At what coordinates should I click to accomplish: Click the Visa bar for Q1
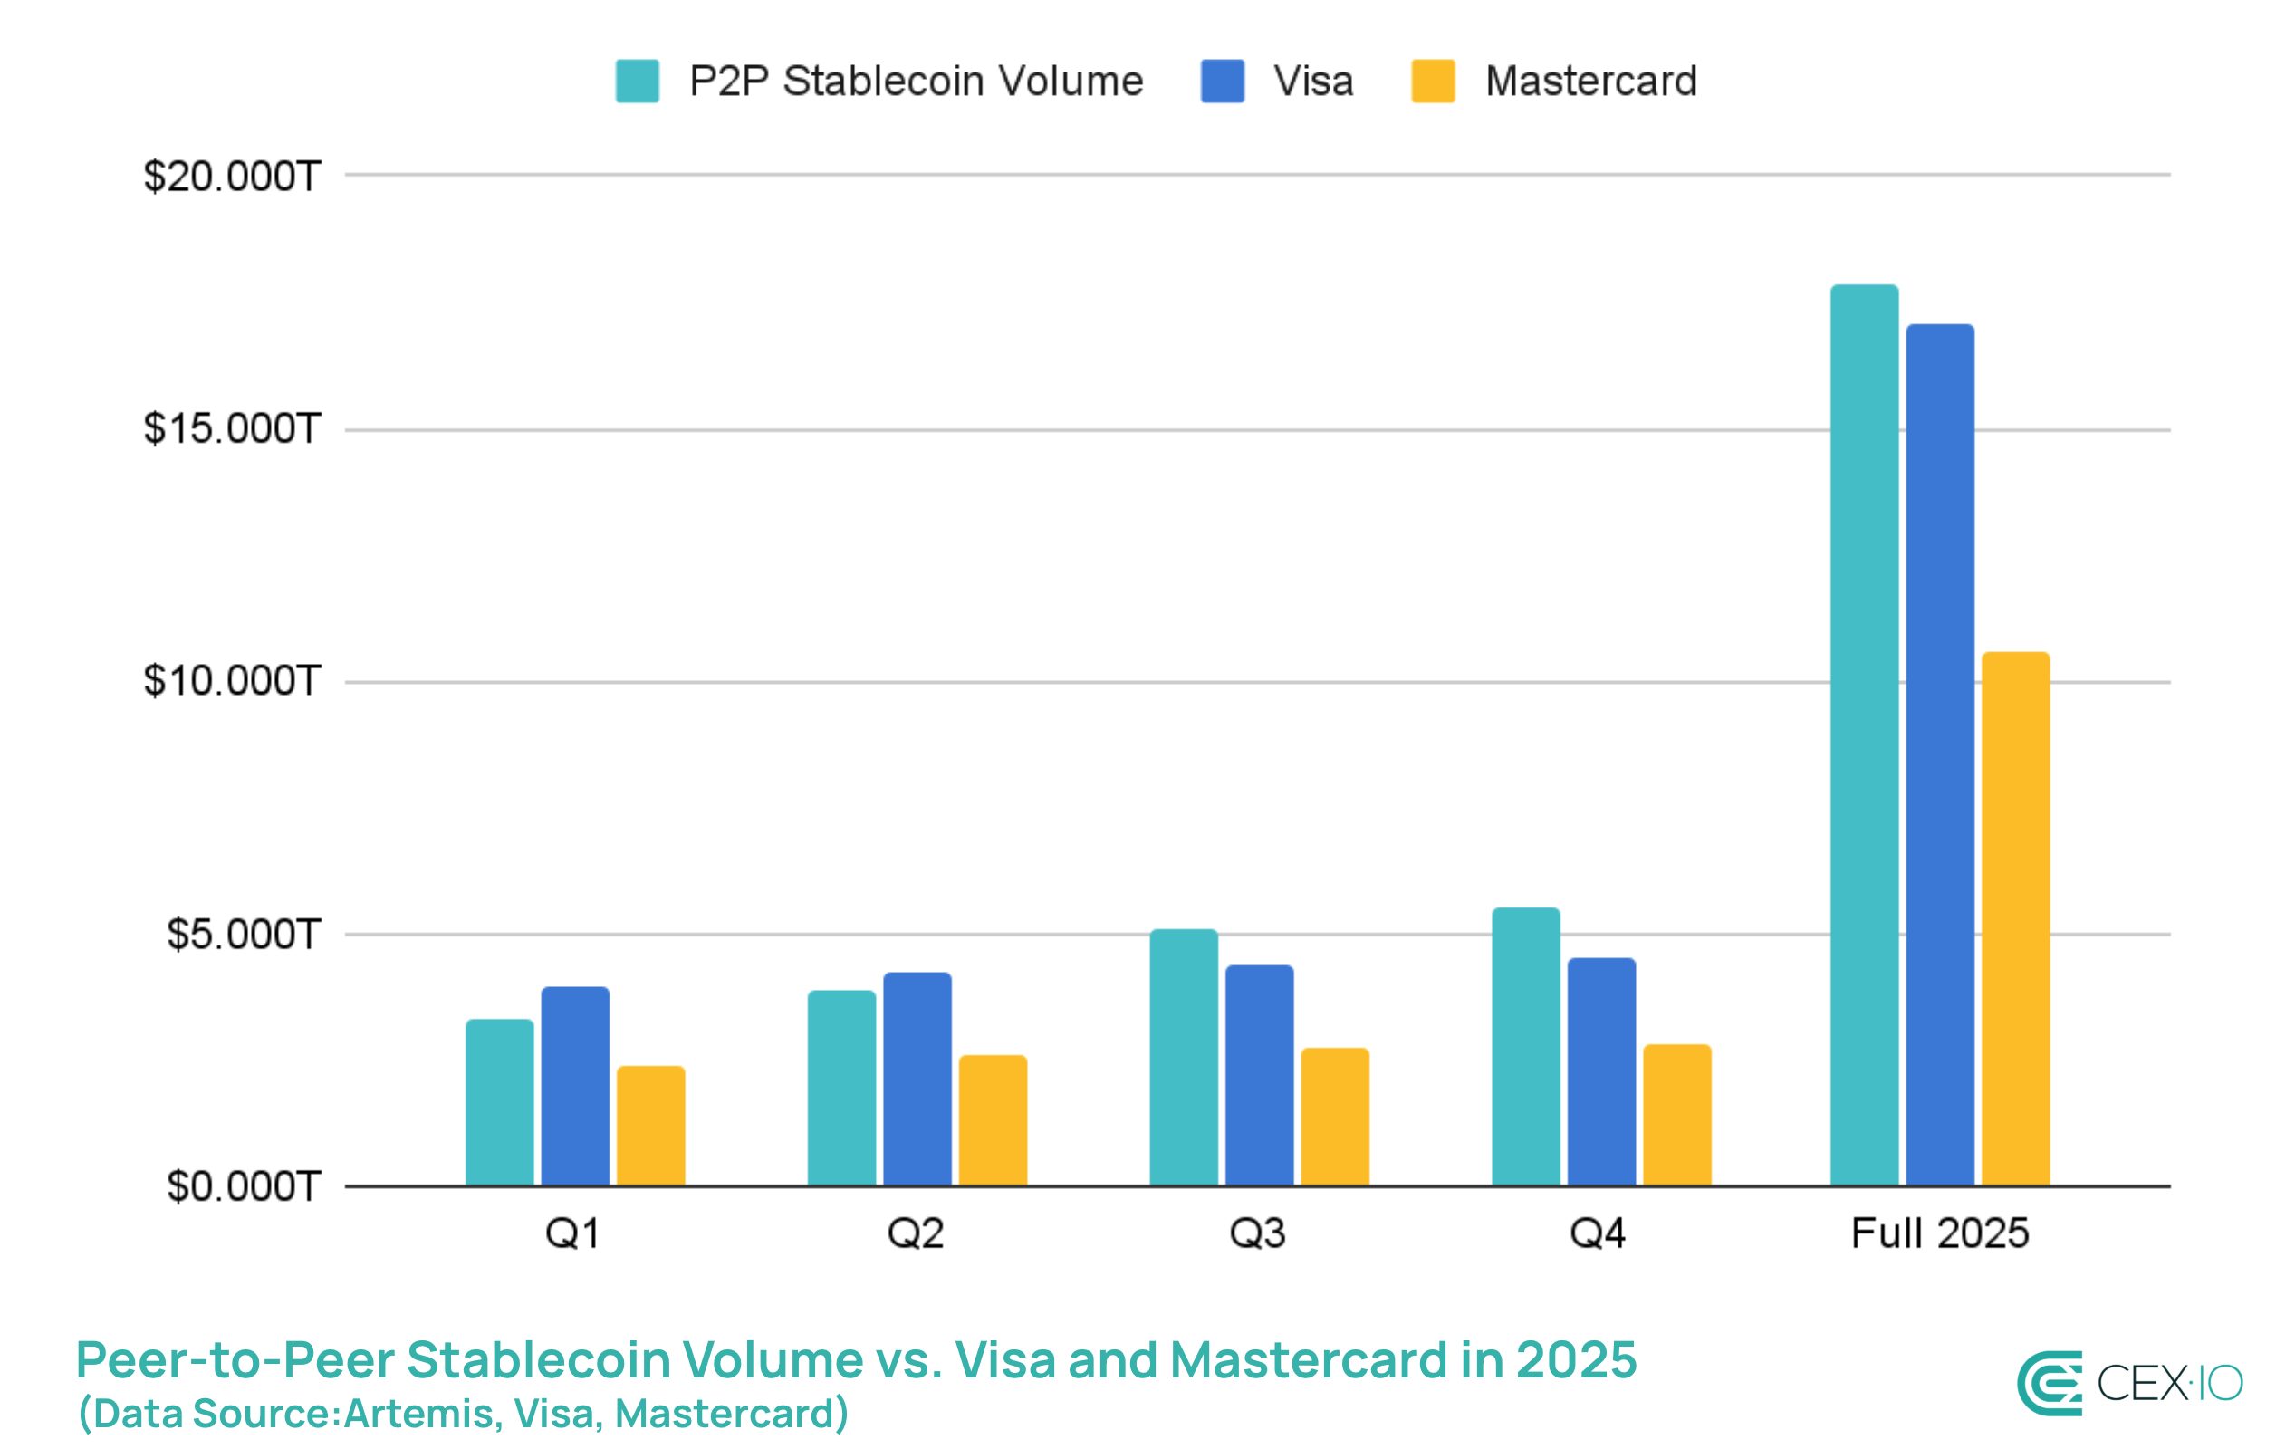(x=575, y=1086)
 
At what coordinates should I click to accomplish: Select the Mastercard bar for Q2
(x=992, y=1120)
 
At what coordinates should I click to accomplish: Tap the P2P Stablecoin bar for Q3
(x=1183, y=1057)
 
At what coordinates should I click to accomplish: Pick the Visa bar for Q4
(x=1601, y=1071)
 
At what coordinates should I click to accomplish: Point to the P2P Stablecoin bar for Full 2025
(x=1864, y=735)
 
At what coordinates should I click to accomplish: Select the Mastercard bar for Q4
(x=1677, y=1115)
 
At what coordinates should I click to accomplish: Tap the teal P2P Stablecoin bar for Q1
(x=499, y=1102)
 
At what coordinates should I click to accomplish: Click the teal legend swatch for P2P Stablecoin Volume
(x=637, y=81)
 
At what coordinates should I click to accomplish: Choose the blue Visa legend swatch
(x=1222, y=81)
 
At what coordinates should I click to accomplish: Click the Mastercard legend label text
(x=1590, y=81)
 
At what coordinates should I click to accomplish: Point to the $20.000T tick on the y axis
(x=232, y=177)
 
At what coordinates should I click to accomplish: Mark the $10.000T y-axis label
(x=232, y=682)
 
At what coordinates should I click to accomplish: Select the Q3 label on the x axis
(x=1257, y=1233)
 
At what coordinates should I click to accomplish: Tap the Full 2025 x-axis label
(x=1939, y=1233)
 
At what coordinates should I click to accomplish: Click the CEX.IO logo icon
(x=2049, y=1383)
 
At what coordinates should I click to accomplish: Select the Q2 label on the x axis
(x=915, y=1233)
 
